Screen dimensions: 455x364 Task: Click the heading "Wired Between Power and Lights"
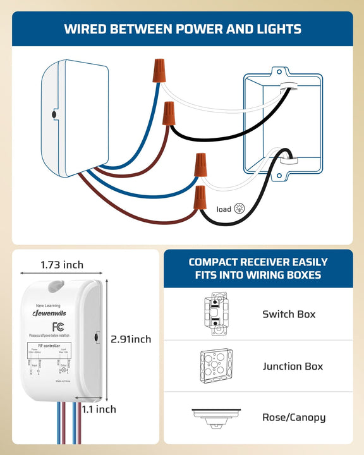click(182, 29)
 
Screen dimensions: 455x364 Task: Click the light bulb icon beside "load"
click(240, 209)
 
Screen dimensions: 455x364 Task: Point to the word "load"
click(224, 209)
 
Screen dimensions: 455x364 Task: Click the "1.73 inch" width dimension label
click(62, 265)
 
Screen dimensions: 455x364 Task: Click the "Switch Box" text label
click(289, 314)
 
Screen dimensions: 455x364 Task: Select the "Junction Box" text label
click(293, 366)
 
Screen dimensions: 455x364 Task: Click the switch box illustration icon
click(217, 314)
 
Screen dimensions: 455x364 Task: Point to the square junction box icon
click(217, 366)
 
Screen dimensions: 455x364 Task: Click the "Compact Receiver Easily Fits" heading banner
click(258, 269)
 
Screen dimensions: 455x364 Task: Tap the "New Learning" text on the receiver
click(49, 305)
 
